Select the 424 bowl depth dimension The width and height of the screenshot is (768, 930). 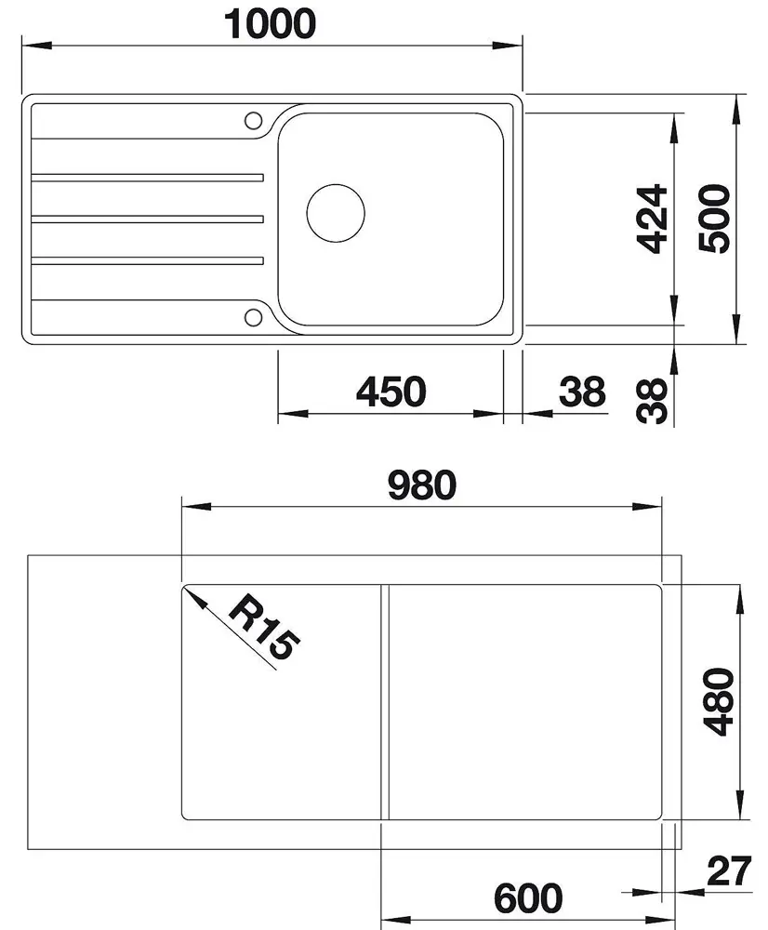[655, 219]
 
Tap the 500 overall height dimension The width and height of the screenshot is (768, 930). [716, 219]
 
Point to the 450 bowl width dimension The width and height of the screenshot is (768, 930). [391, 392]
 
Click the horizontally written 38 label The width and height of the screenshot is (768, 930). [582, 392]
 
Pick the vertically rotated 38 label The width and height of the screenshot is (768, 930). [656, 401]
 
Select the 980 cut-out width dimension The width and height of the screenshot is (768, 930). [421, 485]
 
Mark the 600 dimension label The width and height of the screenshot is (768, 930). [528, 898]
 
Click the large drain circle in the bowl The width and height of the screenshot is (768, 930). [336, 213]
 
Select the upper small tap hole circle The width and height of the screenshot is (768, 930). [252, 120]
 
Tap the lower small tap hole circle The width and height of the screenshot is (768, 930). [252, 315]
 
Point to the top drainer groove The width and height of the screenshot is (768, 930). [149, 176]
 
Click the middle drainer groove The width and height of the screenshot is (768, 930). [149, 219]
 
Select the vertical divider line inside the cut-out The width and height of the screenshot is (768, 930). [384, 702]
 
